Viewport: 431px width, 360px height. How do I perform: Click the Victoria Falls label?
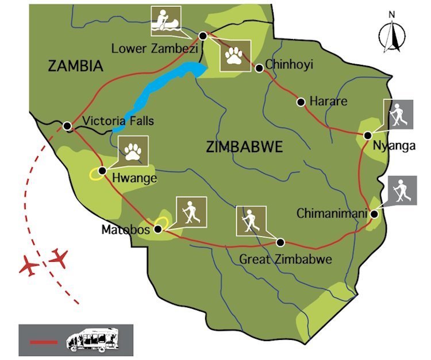point(118,121)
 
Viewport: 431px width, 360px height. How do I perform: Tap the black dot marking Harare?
point(301,102)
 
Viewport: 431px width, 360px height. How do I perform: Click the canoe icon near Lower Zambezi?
point(166,21)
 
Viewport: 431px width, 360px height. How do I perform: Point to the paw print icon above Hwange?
point(133,151)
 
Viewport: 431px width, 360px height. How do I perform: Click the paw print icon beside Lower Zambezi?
point(234,56)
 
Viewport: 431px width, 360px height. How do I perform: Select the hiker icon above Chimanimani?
point(402,191)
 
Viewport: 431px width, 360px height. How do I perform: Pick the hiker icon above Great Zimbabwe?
point(251,220)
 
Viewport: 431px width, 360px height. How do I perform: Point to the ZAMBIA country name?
point(75,67)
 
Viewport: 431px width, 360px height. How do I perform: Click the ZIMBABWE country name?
point(244,148)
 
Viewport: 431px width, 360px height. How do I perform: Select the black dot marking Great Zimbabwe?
point(281,242)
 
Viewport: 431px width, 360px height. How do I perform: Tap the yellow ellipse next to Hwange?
point(96,175)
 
